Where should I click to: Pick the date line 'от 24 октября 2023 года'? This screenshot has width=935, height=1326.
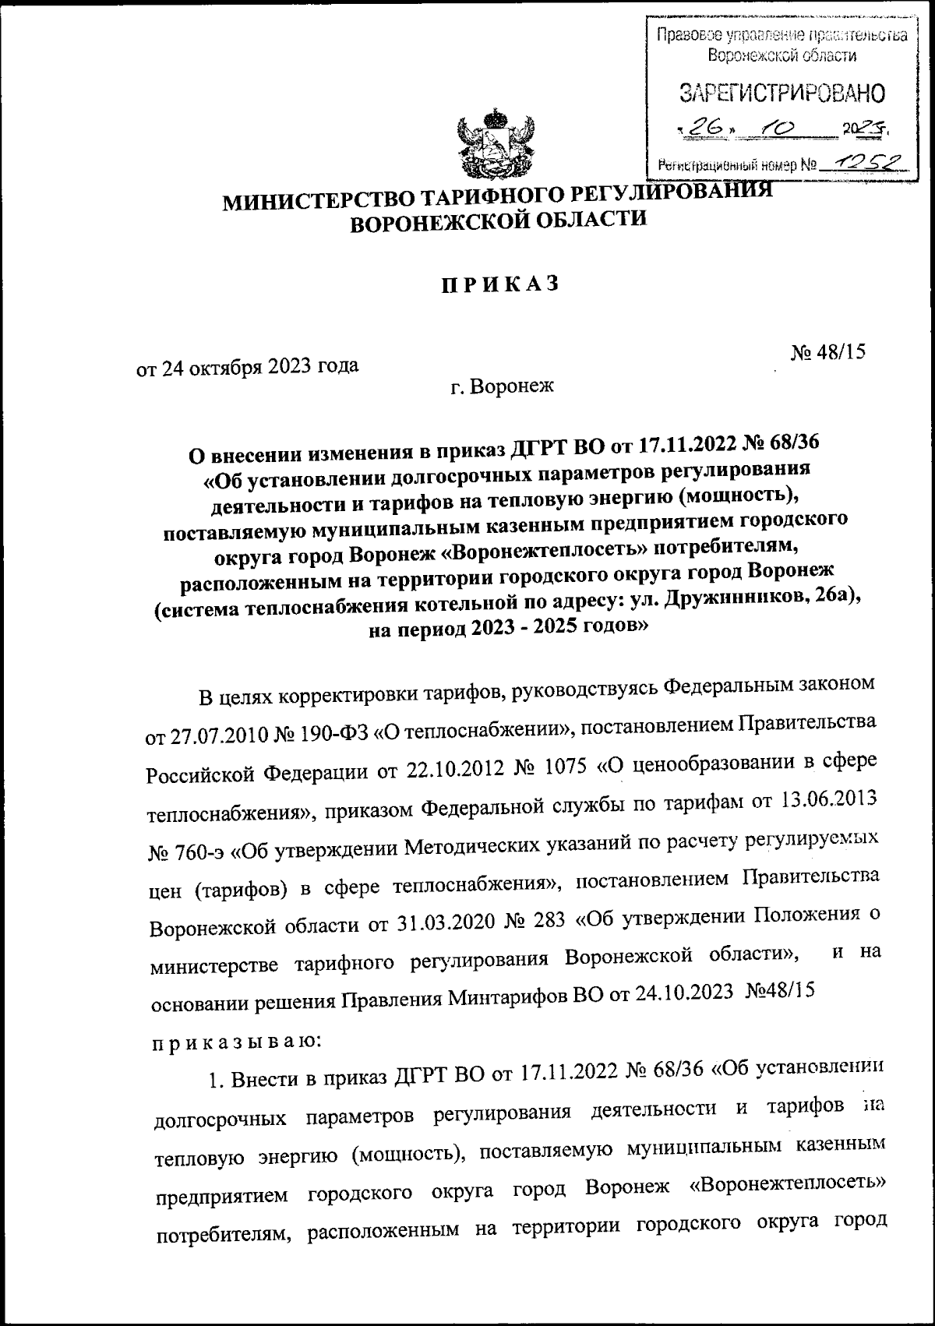248,366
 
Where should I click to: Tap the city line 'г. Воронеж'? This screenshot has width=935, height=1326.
500,385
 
